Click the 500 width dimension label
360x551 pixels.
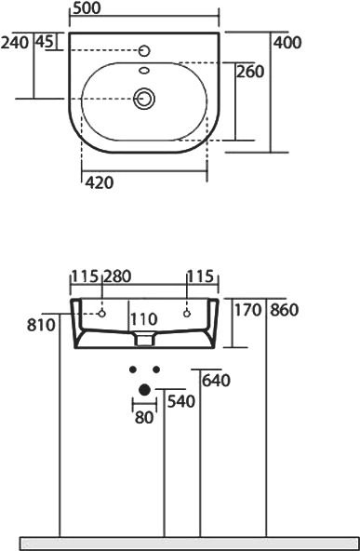[87, 8]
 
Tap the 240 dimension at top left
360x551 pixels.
[15, 43]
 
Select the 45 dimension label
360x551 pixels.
[45, 42]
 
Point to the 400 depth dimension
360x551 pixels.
[287, 43]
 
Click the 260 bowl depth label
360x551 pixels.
[249, 72]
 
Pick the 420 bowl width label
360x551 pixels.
[100, 182]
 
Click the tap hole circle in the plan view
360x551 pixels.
[144, 51]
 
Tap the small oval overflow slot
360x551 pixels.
[144, 71]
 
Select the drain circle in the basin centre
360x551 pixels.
[144, 99]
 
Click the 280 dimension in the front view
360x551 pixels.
[117, 276]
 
